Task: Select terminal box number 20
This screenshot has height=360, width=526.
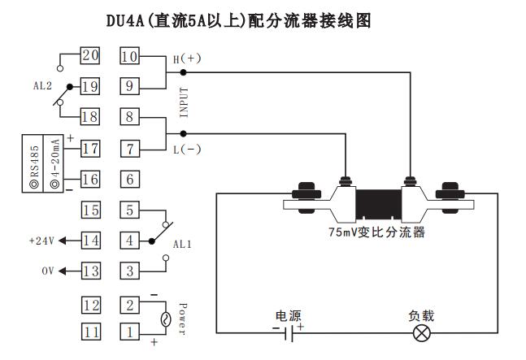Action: (90, 55)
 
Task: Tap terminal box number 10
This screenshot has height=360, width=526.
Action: (129, 55)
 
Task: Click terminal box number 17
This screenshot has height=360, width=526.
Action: (90, 148)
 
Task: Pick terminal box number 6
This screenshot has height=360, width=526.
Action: (129, 179)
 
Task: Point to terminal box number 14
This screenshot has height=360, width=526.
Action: (90, 241)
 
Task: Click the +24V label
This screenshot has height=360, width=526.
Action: (41, 241)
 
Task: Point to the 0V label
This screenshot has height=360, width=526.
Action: (47, 271)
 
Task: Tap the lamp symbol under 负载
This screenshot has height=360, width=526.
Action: (422, 332)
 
